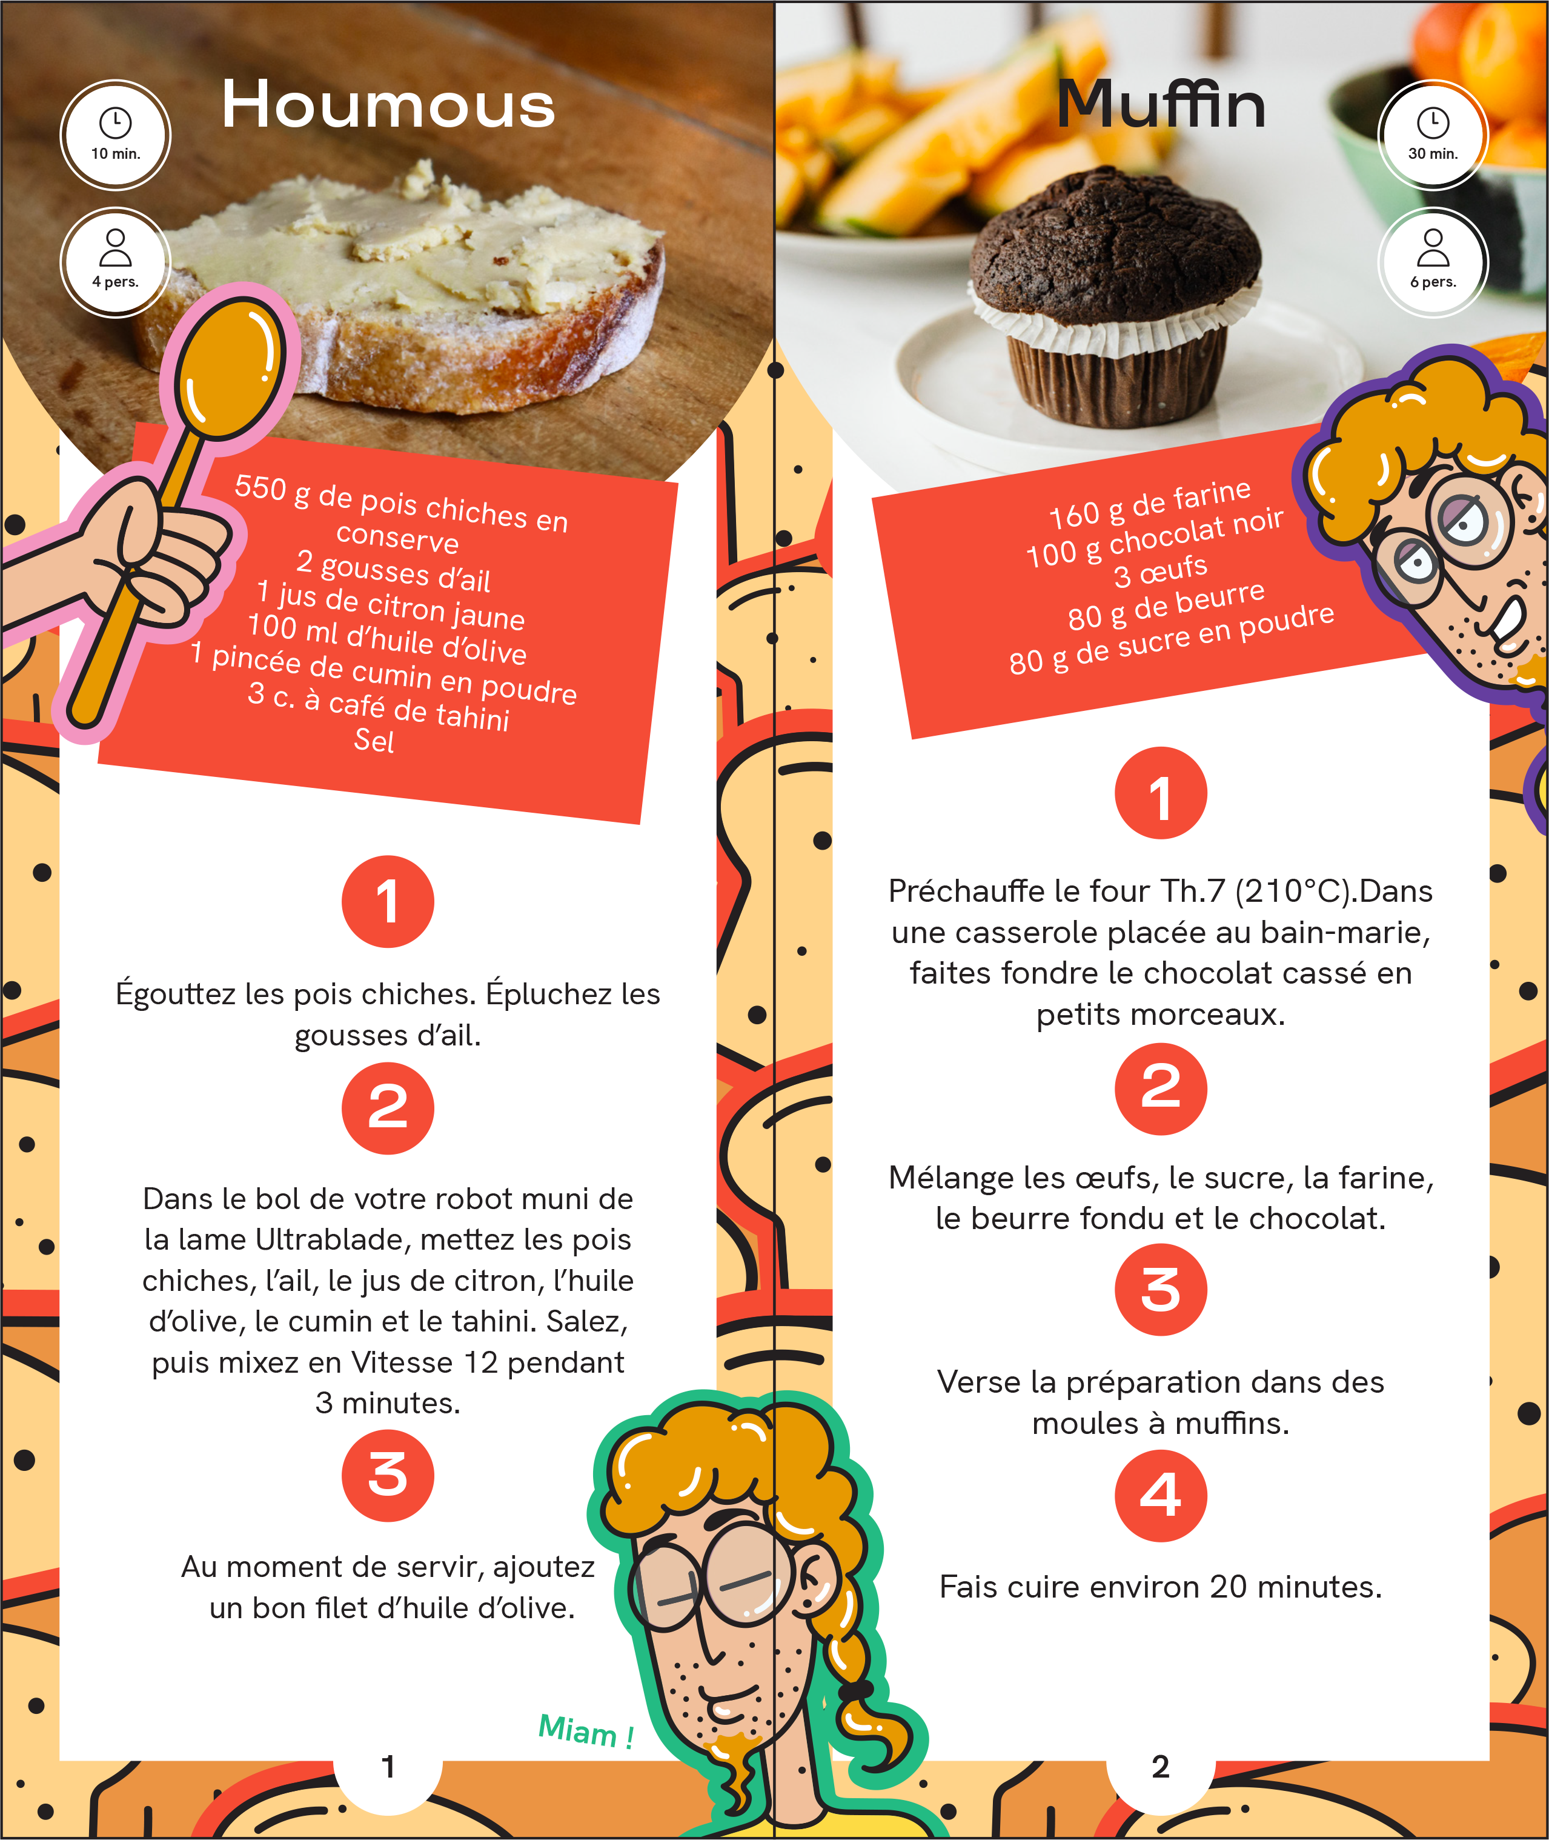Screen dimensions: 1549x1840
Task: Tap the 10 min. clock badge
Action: coord(115,135)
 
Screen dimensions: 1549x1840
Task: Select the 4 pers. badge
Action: coord(115,262)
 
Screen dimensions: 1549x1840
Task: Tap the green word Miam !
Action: coord(586,1731)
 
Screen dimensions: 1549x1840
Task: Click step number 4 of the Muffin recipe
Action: coord(1160,1495)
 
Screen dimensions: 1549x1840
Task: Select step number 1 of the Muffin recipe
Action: coord(1160,793)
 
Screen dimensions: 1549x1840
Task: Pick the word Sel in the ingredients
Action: coord(374,741)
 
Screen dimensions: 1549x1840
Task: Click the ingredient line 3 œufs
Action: coord(1161,571)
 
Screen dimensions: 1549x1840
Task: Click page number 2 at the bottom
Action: coord(1160,1766)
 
